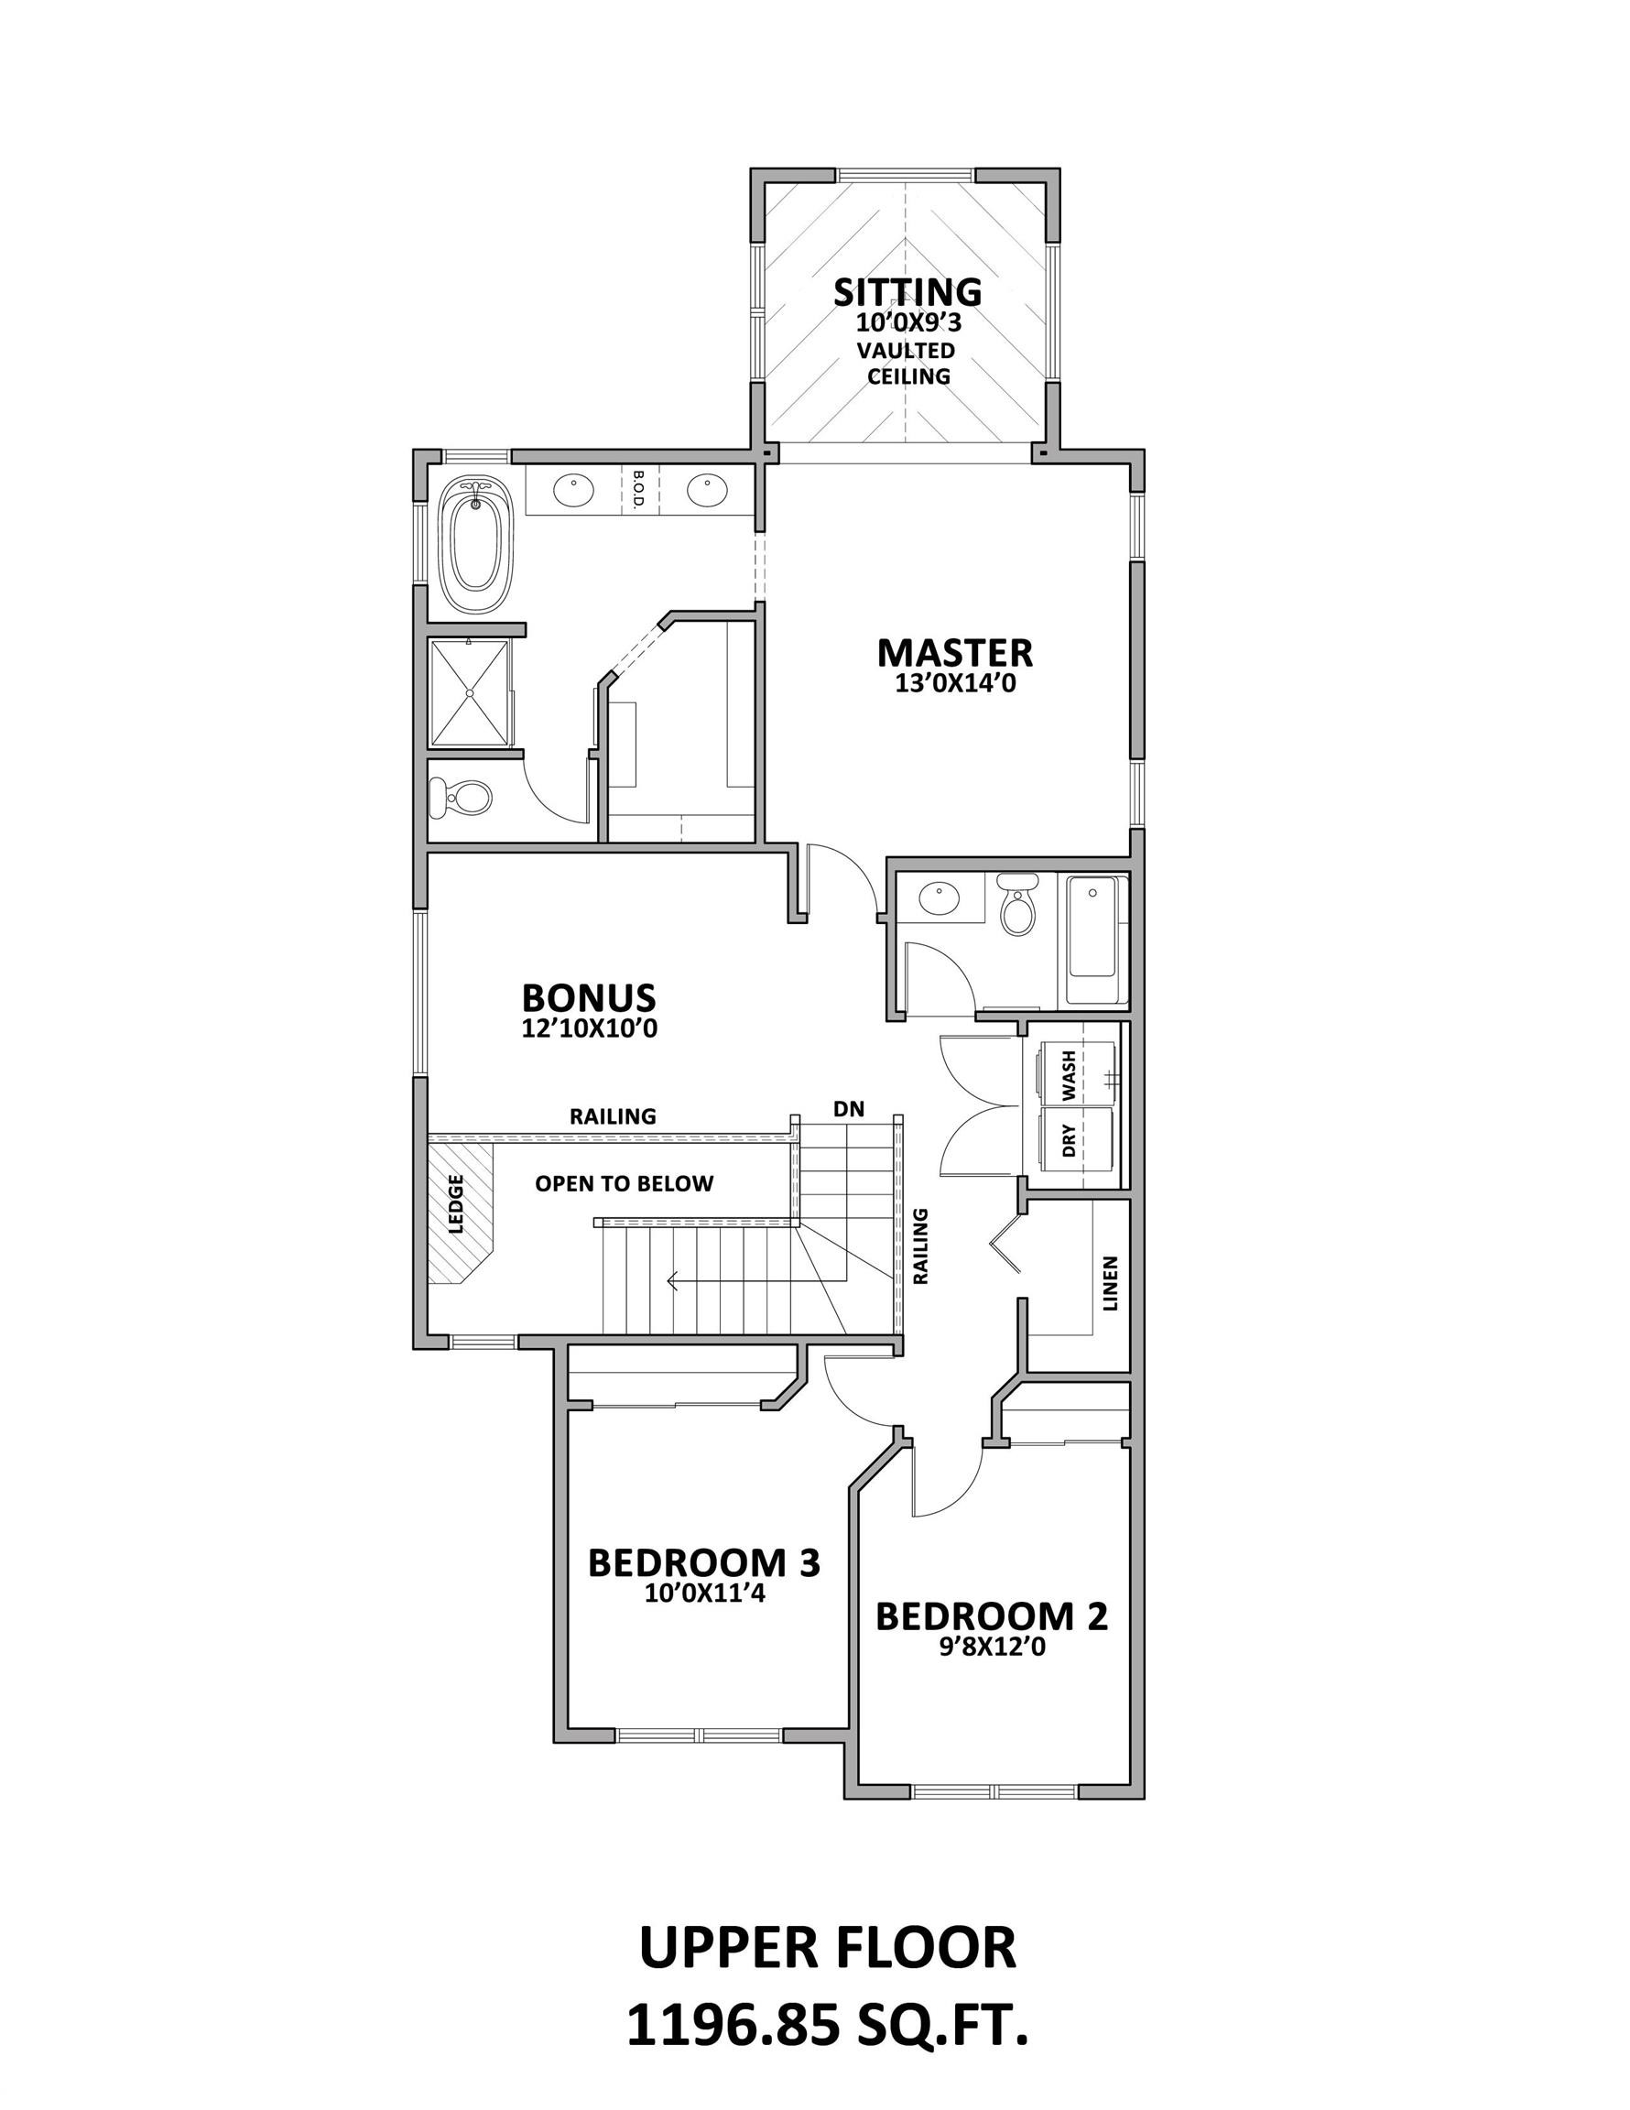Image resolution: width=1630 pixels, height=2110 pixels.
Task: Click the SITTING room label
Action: point(907,292)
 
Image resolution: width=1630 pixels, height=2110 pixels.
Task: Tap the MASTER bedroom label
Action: point(953,653)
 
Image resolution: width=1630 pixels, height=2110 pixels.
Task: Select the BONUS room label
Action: point(589,997)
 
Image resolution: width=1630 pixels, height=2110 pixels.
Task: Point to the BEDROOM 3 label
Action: point(703,1562)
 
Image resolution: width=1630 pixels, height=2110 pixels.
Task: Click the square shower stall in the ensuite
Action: point(469,692)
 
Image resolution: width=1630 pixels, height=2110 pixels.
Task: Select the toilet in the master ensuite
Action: point(463,797)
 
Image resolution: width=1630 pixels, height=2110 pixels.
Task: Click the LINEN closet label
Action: point(1109,1283)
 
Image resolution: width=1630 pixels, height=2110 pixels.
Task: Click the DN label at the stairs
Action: point(848,1109)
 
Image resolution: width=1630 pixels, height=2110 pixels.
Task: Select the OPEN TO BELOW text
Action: point(625,1183)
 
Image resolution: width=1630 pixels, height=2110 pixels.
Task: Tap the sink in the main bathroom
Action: point(939,898)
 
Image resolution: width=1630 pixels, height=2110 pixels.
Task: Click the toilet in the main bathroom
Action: point(1016,905)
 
